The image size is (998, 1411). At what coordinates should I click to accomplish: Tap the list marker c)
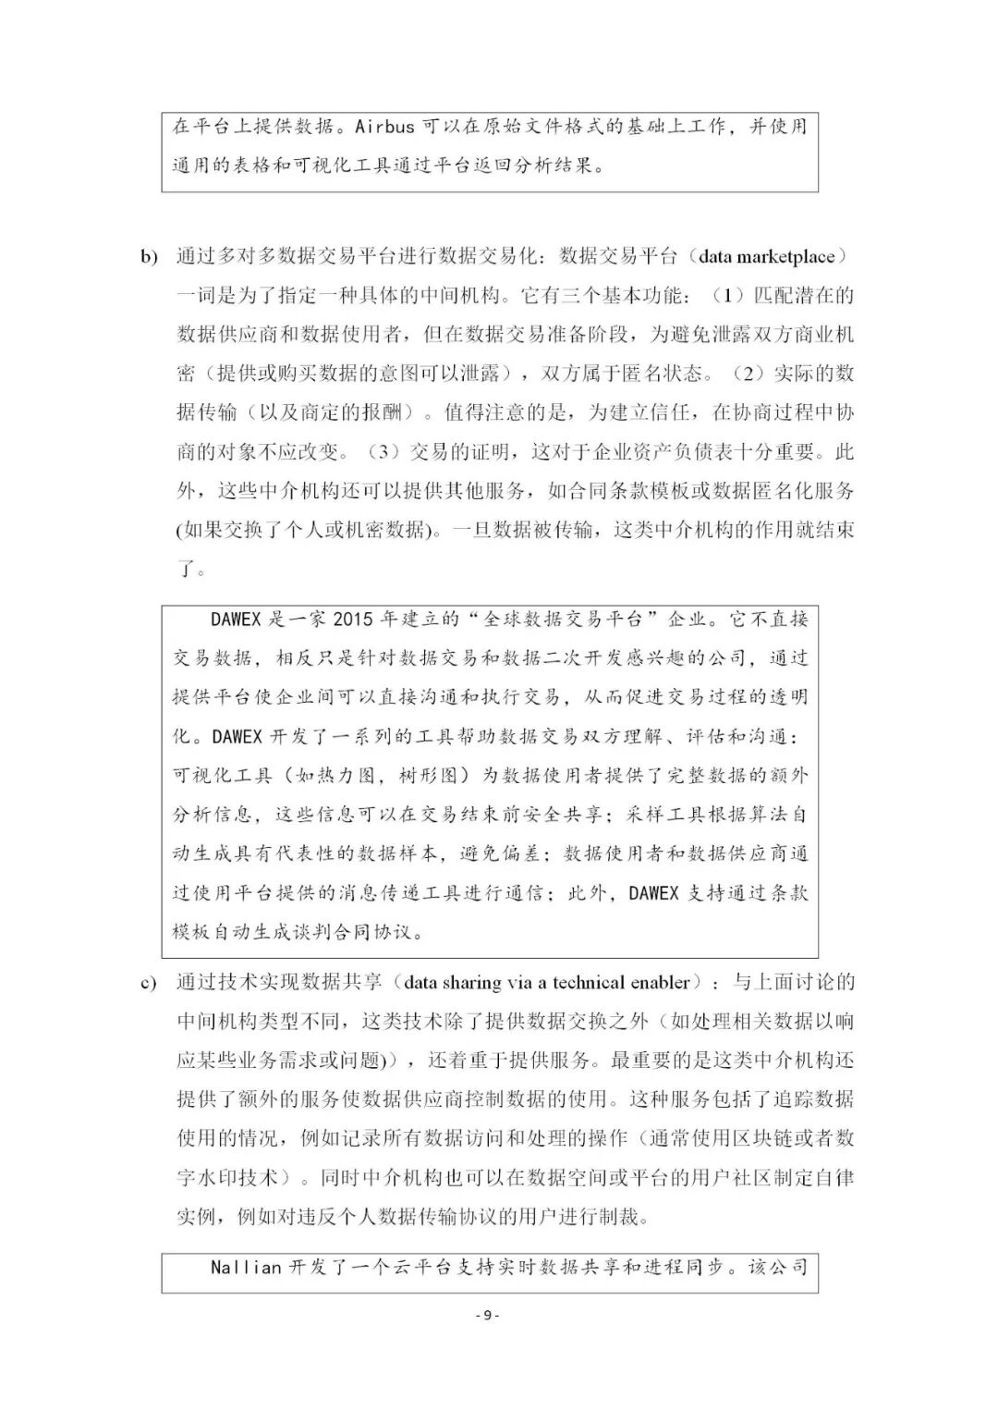pos(149,983)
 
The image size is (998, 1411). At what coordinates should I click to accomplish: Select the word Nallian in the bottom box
pos(245,1267)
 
